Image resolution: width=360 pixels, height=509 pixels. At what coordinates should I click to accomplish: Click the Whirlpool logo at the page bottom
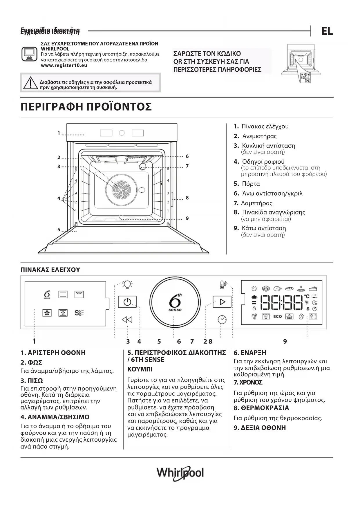point(180,473)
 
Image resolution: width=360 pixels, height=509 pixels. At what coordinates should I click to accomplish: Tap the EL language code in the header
point(327,31)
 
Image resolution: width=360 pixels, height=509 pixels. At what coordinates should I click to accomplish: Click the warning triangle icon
point(29,83)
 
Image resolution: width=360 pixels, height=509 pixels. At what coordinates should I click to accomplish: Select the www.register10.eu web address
point(64,66)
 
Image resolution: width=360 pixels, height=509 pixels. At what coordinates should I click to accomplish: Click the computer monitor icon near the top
point(29,54)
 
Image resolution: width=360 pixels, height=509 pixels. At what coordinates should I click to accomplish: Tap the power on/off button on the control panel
point(127,302)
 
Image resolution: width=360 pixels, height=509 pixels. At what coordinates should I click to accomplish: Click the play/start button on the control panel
point(222,302)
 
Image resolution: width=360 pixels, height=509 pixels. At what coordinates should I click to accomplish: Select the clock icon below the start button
point(222,319)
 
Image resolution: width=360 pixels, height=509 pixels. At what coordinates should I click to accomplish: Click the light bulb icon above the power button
point(127,284)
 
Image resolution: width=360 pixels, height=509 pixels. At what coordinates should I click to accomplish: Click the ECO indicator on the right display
point(277,316)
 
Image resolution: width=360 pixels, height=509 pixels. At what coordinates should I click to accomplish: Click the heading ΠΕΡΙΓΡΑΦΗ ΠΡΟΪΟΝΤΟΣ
point(86,107)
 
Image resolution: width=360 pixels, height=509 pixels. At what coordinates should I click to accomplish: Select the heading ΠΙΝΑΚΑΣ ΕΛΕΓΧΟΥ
point(50,270)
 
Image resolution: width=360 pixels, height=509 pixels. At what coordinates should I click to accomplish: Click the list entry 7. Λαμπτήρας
point(253,203)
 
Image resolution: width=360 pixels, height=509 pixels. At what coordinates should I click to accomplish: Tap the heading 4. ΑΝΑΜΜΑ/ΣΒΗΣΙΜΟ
point(55,417)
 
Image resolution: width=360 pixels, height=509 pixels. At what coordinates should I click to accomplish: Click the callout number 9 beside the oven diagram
point(187,218)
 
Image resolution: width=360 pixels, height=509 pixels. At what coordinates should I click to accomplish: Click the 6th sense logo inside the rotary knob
point(175,302)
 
